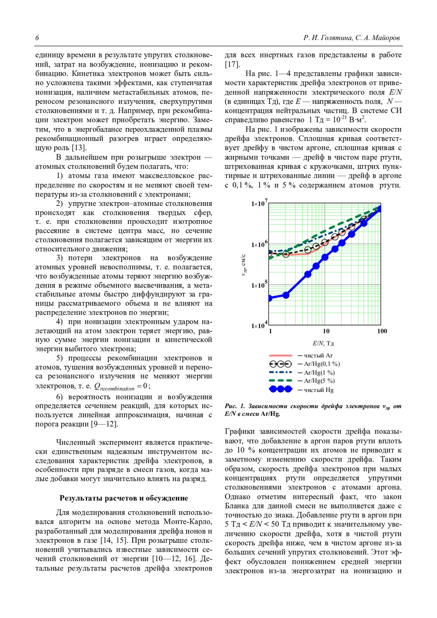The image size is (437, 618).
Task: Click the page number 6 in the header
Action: [x=37, y=38]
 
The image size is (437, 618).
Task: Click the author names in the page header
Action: [x=351, y=38]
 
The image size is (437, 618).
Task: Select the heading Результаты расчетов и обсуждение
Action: [x=124, y=498]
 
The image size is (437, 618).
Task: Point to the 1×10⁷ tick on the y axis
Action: [x=259, y=203]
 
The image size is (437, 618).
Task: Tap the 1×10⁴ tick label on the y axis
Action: [x=259, y=325]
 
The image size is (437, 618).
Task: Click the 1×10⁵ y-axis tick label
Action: [x=259, y=285]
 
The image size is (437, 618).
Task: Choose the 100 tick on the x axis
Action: [x=382, y=331]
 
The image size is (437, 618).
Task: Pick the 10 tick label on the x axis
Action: [x=326, y=331]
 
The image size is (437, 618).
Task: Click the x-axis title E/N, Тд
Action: [x=323, y=343]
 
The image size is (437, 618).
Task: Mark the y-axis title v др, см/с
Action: [x=244, y=265]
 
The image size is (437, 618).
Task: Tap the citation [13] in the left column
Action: [x=79, y=147]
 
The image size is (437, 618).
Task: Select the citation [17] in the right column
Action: [x=232, y=64]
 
